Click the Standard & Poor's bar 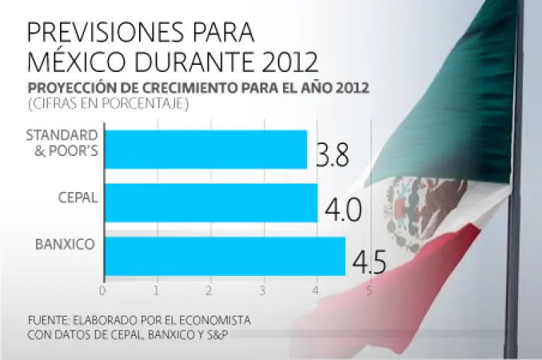tap(205, 149)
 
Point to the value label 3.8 tap(332, 155)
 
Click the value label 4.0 tap(343, 210)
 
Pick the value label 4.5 tap(368, 262)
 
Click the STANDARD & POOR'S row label tap(61, 142)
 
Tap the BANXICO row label tap(66, 245)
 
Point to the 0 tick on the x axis tap(104, 290)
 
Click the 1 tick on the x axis tap(157, 290)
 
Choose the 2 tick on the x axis tap(210, 290)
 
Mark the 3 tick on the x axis tap(263, 290)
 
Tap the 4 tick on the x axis tap(316, 290)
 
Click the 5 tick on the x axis tap(369, 290)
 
